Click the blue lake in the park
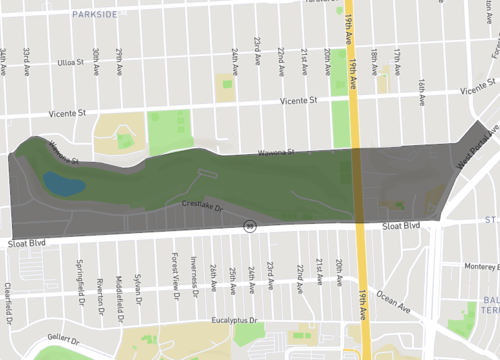pos(63,183)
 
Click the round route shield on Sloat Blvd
pos(251,227)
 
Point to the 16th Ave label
pos(422,90)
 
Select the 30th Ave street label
pos(96,58)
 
